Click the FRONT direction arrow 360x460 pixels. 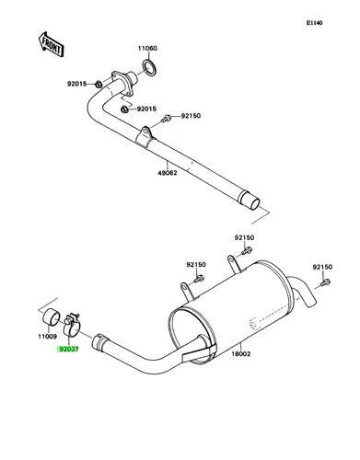[51, 45]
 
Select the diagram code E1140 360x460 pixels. [315, 23]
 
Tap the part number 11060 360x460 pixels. [147, 49]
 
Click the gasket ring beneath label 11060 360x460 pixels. [149, 68]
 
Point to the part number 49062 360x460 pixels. [168, 173]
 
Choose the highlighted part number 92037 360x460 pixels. [69, 350]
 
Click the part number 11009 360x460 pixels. [48, 337]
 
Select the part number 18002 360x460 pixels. [241, 354]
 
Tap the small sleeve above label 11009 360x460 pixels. [51, 316]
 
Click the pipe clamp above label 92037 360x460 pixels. [72, 326]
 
